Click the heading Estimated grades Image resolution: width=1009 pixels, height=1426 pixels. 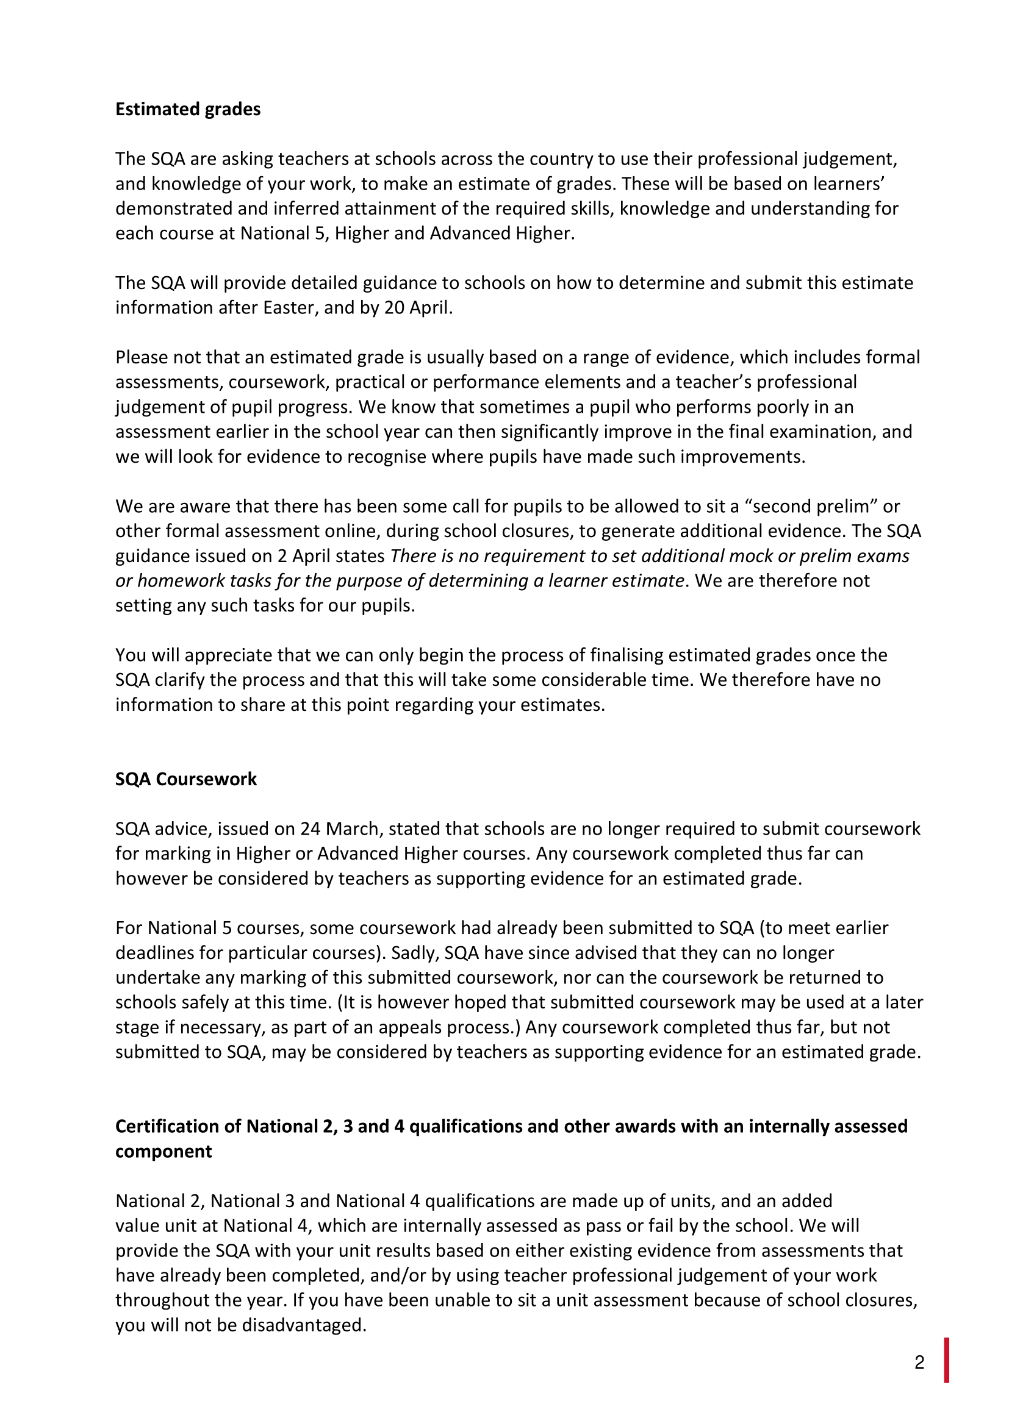point(188,109)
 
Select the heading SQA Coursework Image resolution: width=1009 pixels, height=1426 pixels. point(186,780)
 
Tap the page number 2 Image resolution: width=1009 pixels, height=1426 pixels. point(919,1363)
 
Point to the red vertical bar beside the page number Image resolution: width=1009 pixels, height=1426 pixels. point(947,1360)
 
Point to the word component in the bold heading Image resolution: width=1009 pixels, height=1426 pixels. point(163,1152)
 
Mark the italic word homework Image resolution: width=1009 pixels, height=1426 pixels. point(174,581)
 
